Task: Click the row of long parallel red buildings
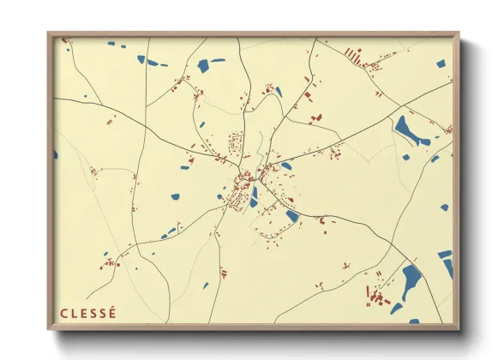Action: [x=352, y=56]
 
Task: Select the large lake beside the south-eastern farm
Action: [x=411, y=279]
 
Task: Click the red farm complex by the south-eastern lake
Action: [x=377, y=296]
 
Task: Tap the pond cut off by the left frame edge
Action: [x=56, y=154]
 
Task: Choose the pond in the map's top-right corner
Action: [x=441, y=63]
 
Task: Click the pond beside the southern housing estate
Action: [x=292, y=216]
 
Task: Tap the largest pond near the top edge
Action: [x=204, y=65]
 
